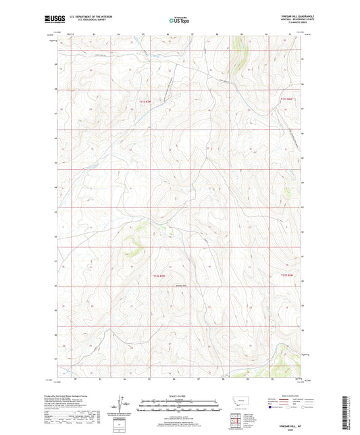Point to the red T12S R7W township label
tap(159, 276)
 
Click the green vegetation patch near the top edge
tap(238, 53)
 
